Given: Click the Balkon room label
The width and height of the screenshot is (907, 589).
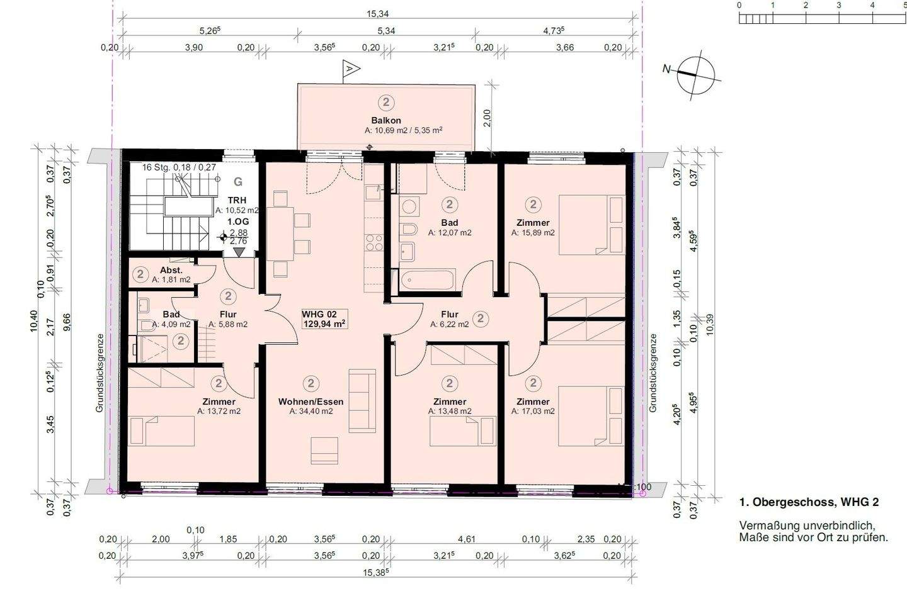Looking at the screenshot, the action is [386, 120].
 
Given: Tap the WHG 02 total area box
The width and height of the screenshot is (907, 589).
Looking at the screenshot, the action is [324, 319].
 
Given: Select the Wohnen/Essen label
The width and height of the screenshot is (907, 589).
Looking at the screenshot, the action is [311, 401].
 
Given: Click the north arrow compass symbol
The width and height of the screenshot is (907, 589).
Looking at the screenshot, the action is [696, 76].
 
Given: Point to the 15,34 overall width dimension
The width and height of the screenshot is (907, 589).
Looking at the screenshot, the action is [377, 14].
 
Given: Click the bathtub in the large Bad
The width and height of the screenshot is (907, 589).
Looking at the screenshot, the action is [427, 279].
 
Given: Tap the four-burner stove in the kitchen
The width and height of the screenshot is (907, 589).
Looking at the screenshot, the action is [374, 242].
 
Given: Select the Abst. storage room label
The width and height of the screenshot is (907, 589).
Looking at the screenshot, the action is [171, 270].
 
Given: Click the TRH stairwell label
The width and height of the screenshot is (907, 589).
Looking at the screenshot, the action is [237, 200].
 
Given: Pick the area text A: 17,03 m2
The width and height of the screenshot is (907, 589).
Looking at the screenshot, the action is [533, 411].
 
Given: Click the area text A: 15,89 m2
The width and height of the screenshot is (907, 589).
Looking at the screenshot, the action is [533, 233].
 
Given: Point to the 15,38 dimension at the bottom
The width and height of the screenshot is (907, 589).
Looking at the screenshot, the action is [376, 572].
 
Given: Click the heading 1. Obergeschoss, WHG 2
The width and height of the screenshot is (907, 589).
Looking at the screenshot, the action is [809, 502].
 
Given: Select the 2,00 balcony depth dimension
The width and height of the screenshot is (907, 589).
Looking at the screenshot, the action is [487, 118].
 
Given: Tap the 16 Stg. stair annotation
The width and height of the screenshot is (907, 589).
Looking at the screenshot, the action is [179, 167].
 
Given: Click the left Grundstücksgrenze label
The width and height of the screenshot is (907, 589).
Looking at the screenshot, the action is [100, 373].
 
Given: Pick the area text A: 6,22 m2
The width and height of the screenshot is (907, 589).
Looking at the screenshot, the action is [450, 324].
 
